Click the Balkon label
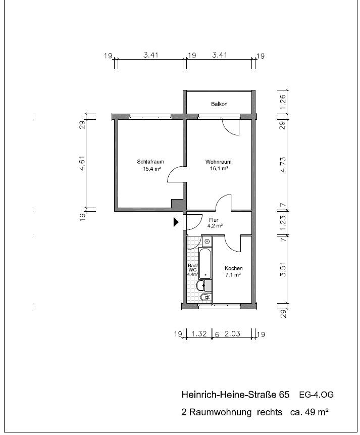[219, 104]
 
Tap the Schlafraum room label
[150, 162]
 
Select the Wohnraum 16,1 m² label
[219, 165]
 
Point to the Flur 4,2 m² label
[215, 223]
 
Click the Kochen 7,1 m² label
[234, 272]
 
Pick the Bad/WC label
[192, 268]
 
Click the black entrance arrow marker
[176, 222]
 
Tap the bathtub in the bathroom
[205, 264]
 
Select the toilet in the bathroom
[205, 298]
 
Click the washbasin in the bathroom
[200, 285]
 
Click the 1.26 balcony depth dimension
[283, 102]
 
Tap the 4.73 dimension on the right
[283, 165]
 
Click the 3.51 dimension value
[283, 270]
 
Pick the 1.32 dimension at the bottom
[199, 333]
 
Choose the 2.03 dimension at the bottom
[232, 333]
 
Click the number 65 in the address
[284, 395]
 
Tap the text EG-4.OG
[316, 395]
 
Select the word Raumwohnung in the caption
[220, 412]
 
